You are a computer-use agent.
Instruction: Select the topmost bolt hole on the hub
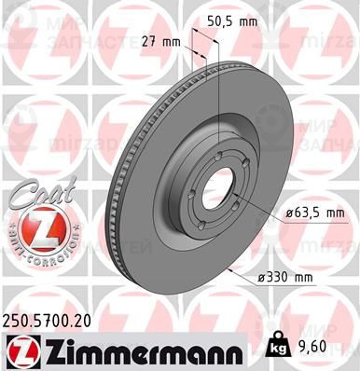[x=217, y=156]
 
